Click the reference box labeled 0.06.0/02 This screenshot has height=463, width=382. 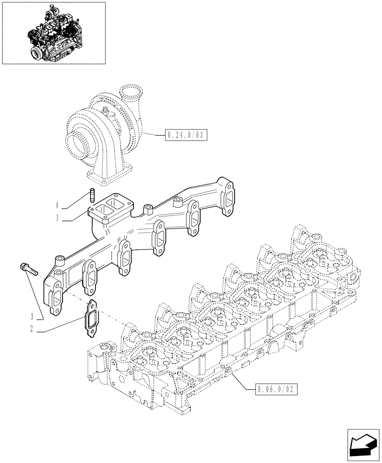276,389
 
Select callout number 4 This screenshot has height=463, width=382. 57,205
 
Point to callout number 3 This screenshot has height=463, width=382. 32,317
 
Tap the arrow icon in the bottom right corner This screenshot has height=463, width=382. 363,444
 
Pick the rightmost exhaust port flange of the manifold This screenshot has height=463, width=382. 227,198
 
